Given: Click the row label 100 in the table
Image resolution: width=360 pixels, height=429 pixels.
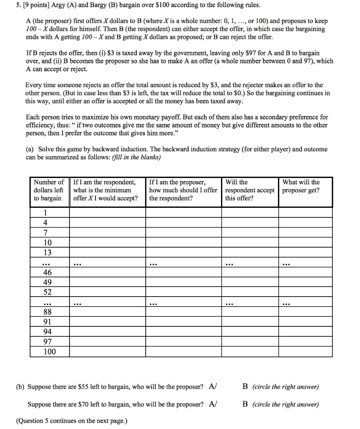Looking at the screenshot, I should pyautogui.click(x=49, y=352).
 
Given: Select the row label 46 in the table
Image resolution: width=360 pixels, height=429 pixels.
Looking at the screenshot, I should pyautogui.click(x=48, y=273).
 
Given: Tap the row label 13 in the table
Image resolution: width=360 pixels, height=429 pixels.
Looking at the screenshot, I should pyautogui.click(x=48, y=253).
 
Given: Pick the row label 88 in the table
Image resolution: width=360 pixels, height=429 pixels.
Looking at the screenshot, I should pyautogui.click(x=48, y=312).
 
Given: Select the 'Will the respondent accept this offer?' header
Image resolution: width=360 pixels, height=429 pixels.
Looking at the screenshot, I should pyautogui.click(x=249, y=190).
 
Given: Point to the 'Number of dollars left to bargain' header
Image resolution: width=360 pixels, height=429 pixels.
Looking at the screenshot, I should pyautogui.click(x=49, y=190).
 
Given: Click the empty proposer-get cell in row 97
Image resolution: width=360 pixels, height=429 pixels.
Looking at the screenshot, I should pyautogui.click(x=305, y=342).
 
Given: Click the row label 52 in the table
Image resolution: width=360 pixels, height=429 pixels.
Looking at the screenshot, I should pyautogui.click(x=48, y=292).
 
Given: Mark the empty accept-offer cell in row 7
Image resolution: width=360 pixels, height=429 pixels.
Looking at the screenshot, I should pyautogui.click(x=249, y=233).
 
